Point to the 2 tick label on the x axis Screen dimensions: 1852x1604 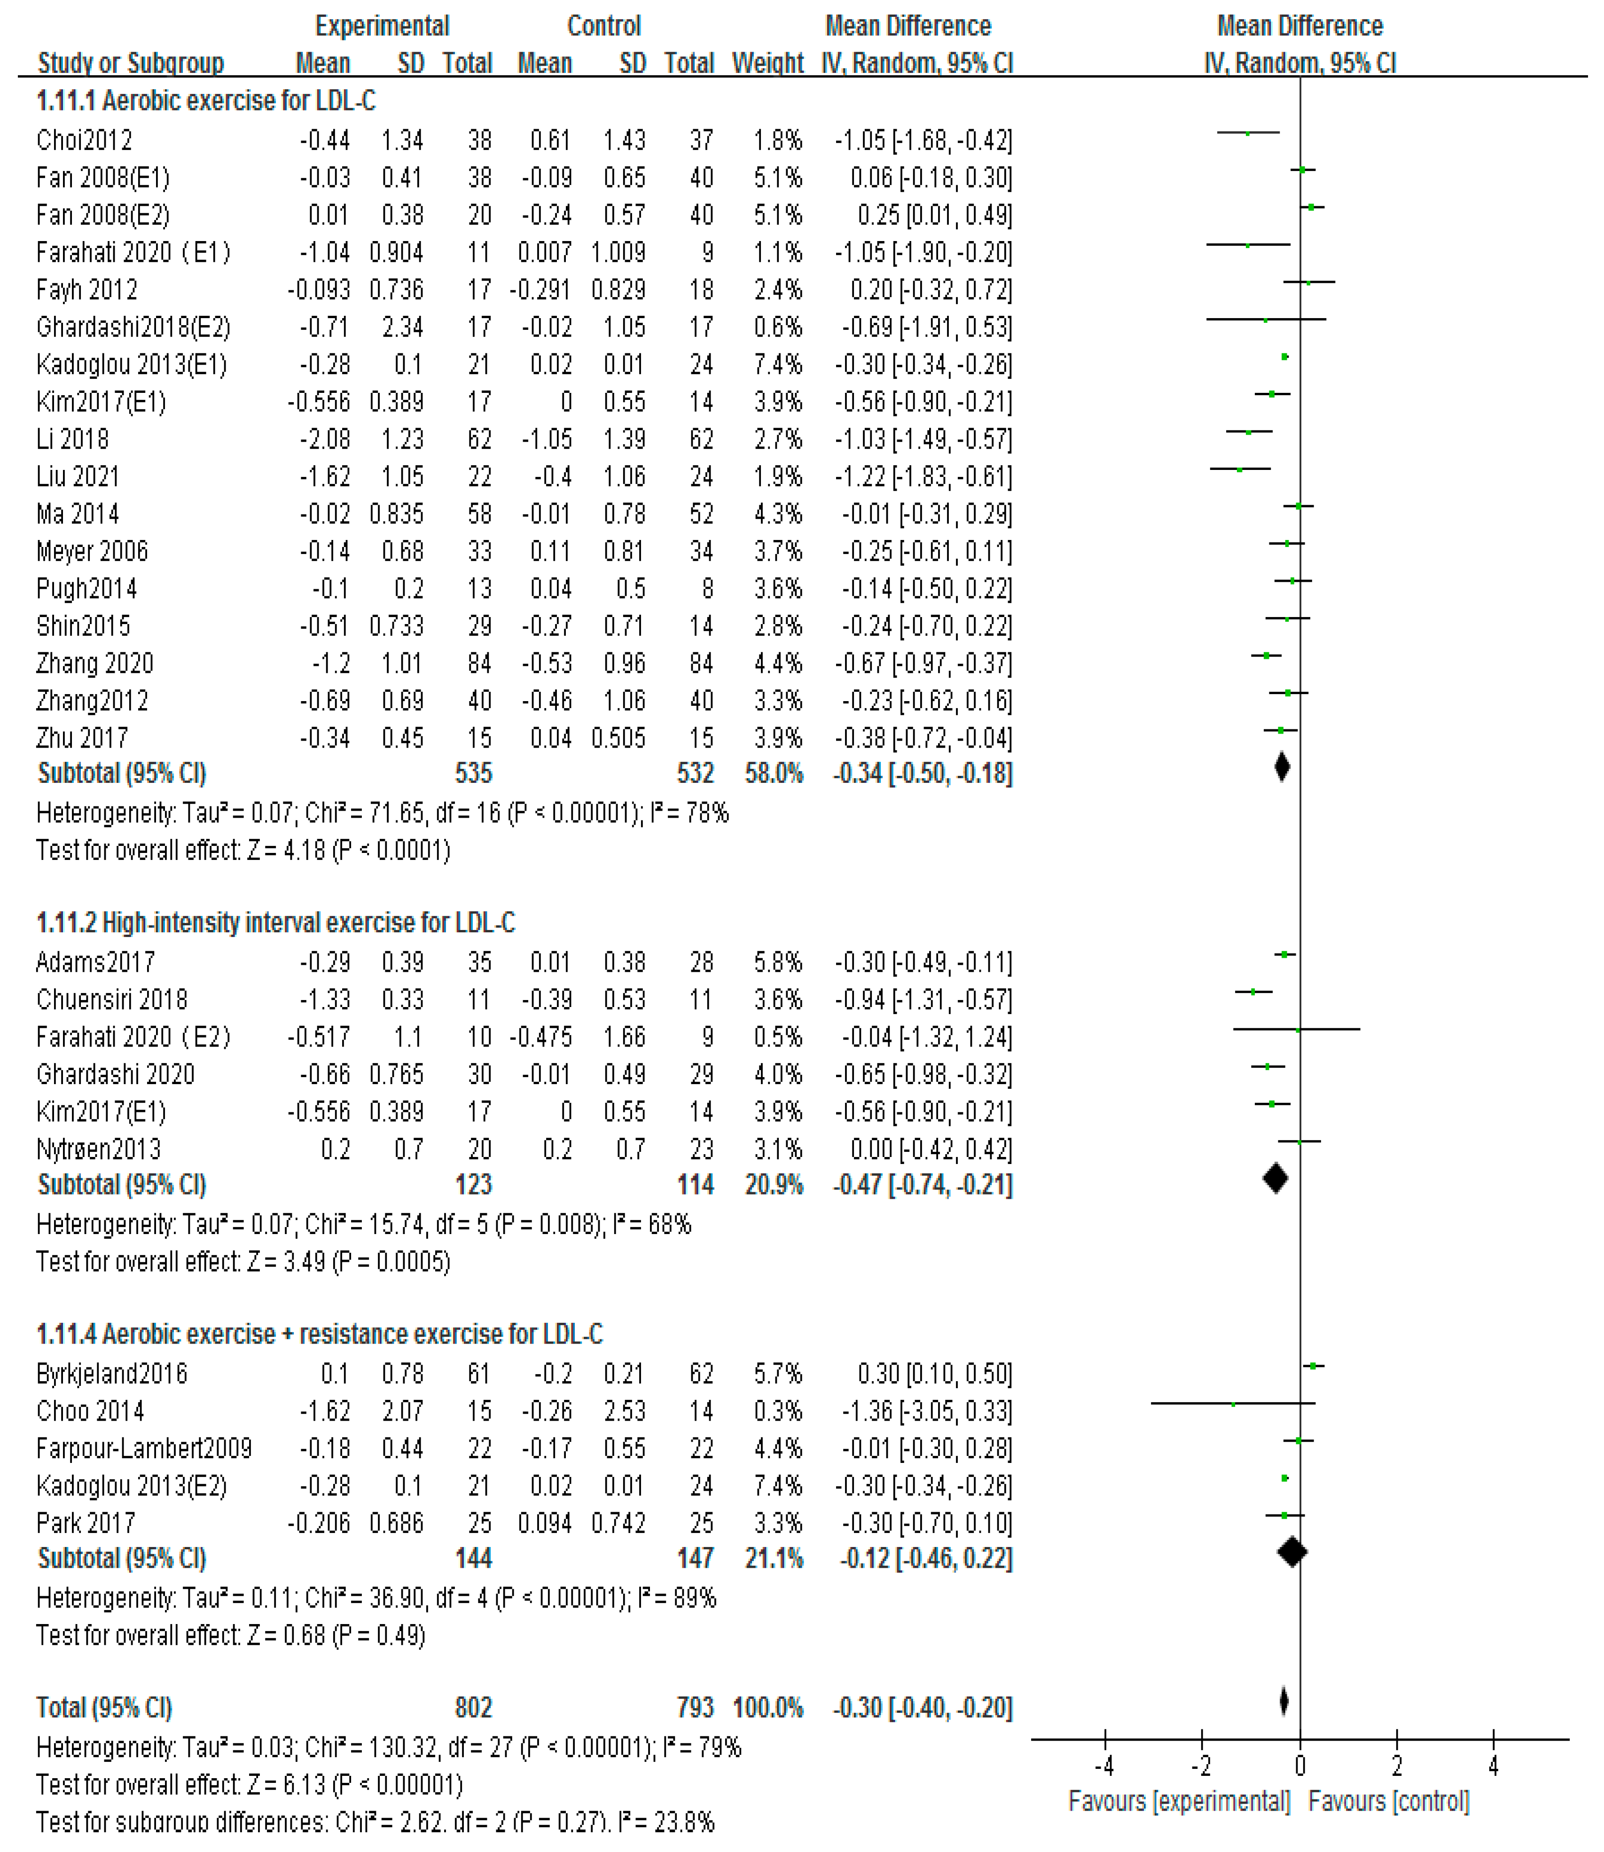(1396, 1766)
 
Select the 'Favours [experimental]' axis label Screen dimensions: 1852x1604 (1179, 1801)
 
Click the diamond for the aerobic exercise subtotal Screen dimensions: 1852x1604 (1282, 767)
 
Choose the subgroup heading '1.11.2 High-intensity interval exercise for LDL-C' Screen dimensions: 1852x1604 (276, 923)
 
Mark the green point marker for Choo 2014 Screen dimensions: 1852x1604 (1234, 1404)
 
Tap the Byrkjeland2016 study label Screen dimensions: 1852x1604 (112, 1374)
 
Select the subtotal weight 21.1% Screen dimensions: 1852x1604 (774, 1558)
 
